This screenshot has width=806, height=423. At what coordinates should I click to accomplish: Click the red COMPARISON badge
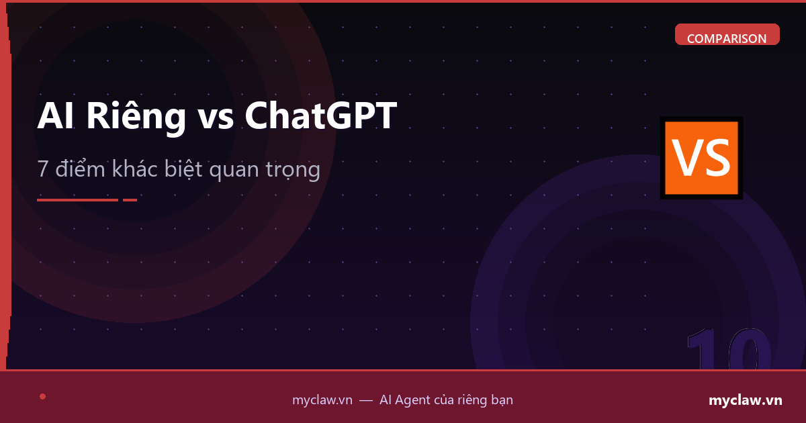point(727,36)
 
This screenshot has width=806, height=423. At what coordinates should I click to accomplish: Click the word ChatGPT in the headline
point(320,116)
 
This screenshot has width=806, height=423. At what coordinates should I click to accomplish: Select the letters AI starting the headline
point(55,116)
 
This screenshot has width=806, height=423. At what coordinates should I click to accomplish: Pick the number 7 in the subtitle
point(43,170)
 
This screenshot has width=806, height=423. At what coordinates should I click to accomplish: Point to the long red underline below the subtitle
point(77,199)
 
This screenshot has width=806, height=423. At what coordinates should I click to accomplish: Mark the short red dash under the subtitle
point(130,199)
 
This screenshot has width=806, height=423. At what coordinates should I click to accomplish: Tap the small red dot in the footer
point(42,396)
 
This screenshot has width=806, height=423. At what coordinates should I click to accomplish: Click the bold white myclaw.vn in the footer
point(746,400)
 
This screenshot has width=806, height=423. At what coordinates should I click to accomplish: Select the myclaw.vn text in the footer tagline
point(322,400)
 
